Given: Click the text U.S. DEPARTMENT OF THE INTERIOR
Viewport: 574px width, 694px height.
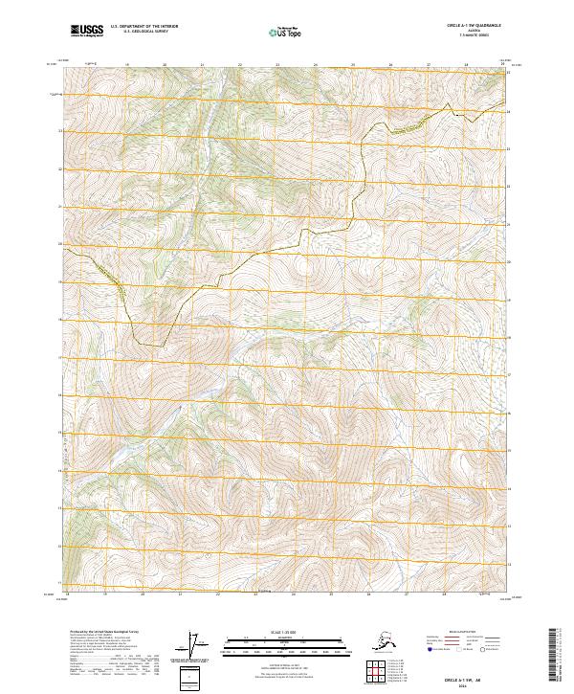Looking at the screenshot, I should pyautogui.click(x=144, y=28).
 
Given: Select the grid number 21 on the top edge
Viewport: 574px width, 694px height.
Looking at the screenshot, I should pyautogui.click(x=203, y=65).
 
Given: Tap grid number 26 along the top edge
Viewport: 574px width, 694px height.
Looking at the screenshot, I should pyautogui.click(x=390, y=65).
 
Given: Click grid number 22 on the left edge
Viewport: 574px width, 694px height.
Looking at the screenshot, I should pyautogui.click(x=60, y=168).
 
